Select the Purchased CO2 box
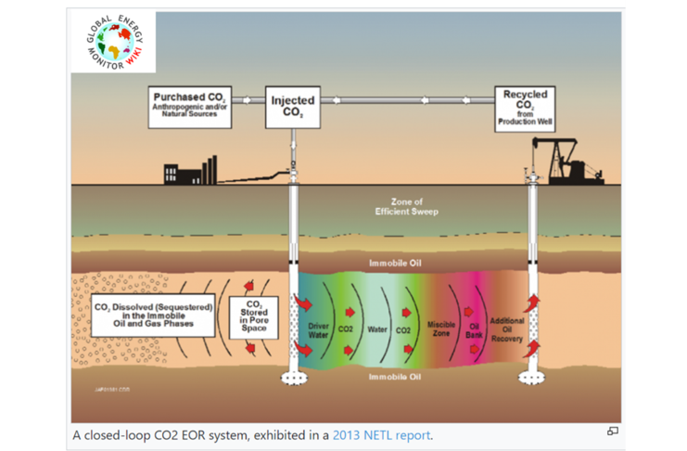click(190, 107)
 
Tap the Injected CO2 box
click(292, 107)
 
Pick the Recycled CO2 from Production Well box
click(524, 108)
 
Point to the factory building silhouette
click(190, 172)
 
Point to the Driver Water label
click(319, 329)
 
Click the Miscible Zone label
click(440, 328)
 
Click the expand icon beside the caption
click(612, 431)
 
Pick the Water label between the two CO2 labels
click(377, 329)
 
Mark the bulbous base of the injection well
click(294, 377)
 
